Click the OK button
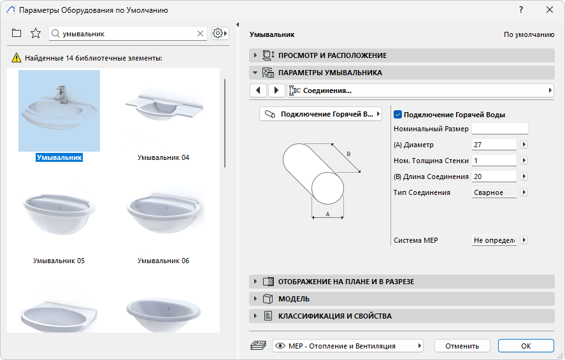[x=526, y=346]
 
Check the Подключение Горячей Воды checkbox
[x=398, y=115]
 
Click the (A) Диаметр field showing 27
[x=494, y=145]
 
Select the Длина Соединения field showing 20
[x=494, y=176]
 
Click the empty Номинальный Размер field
[x=500, y=129]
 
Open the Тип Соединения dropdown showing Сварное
[x=494, y=192]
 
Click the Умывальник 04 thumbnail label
[x=163, y=157]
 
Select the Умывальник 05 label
[x=59, y=261]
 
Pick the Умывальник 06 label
[x=163, y=261]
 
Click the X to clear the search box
[x=201, y=34]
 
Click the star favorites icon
[x=35, y=33]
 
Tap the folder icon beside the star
[x=16, y=33]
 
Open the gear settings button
[x=220, y=34]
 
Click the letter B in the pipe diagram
[x=348, y=154]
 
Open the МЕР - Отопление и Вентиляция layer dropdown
[x=348, y=346]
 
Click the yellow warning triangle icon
[x=17, y=57]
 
